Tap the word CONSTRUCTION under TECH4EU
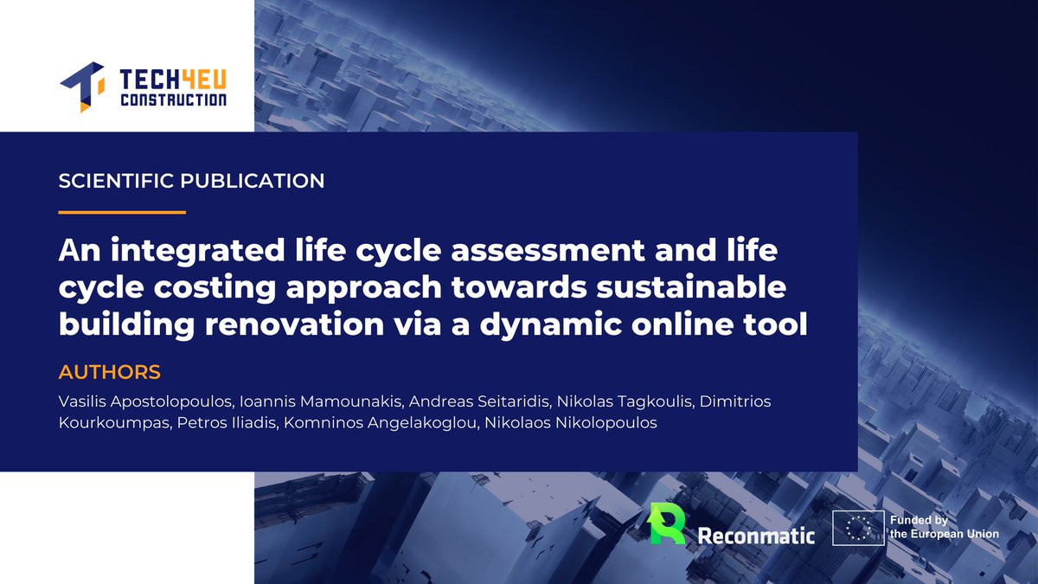pyautogui.click(x=172, y=101)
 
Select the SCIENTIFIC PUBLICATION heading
pyautogui.click(x=191, y=182)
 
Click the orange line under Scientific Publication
pyautogui.click(x=122, y=212)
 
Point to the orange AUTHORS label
pyautogui.click(x=109, y=373)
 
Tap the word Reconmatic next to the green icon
pyautogui.click(x=756, y=535)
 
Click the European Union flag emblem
pyautogui.click(x=857, y=528)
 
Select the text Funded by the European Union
pyautogui.click(x=944, y=528)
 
